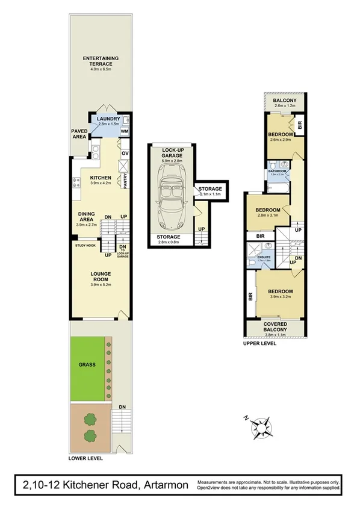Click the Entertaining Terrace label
click(x=101, y=58)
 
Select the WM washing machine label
click(x=125, y=131)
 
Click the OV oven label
click(x=125, y=153)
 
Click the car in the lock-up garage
click(x=171, y=193)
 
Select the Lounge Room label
click(x=101, y=273)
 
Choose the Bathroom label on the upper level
click(x=278, y=171)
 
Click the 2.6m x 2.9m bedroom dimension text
click(x=280, y=140)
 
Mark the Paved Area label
click(x=79, y=133)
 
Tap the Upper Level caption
click(x=260, y=344)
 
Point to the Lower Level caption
click(x=86, y=458)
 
